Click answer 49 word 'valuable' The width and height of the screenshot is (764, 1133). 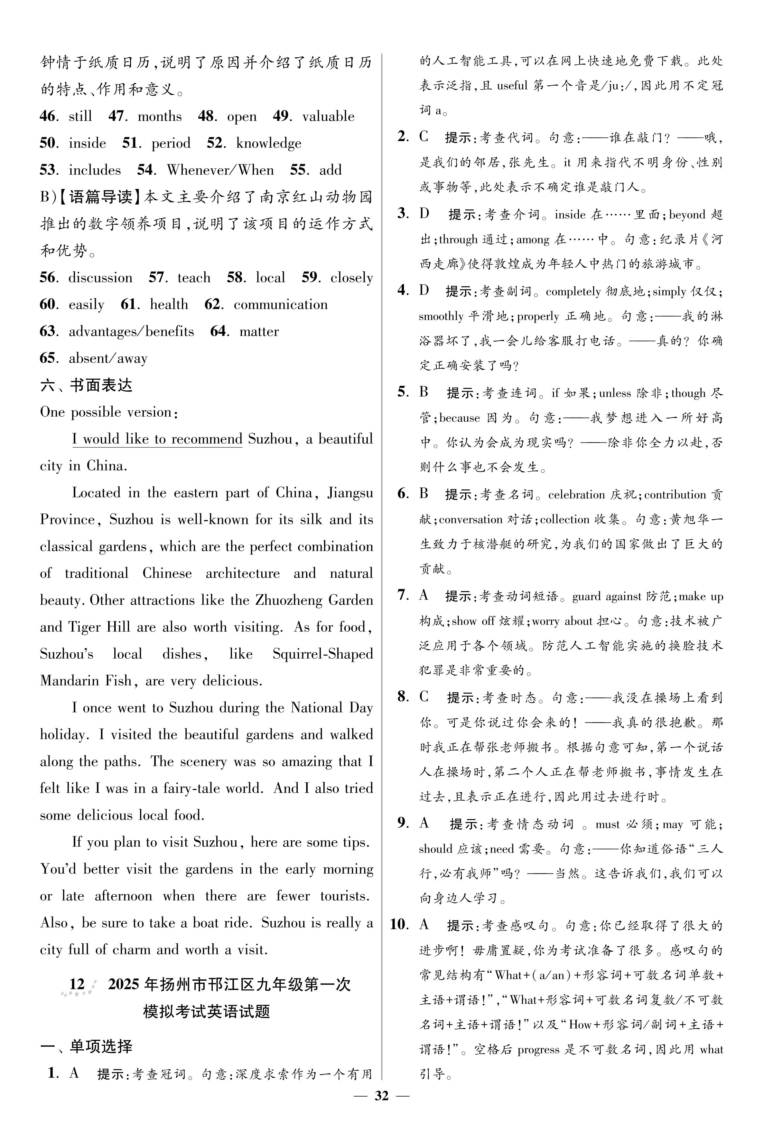click(328, 117)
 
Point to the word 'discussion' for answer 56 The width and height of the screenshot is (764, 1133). click(100, 278)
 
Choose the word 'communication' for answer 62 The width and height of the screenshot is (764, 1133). click(281, 305)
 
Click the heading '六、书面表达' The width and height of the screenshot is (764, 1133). click(86, 385)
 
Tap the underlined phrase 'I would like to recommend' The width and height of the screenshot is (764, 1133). click(157, 439)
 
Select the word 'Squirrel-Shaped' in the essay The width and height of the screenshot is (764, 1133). click(322, 654)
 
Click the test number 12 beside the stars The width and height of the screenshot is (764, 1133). click(77, 984)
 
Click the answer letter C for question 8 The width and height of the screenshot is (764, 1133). click(424, 697)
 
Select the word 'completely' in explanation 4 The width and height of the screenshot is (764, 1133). click(573, 292)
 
